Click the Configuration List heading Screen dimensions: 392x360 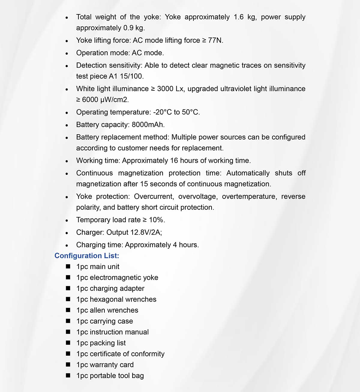[87, 256]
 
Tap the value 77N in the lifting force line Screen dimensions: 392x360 [215, 40]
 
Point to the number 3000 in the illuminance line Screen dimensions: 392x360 [165, 89]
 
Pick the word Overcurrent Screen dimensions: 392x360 [154, 196]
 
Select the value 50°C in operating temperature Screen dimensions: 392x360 [190, 112]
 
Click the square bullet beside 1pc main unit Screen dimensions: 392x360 [68, 266]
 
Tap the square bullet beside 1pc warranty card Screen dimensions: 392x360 [68, 365]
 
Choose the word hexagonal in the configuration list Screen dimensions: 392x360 [104, 299]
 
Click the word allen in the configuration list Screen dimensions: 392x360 [97, 310]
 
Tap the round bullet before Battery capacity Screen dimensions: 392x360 [67, 125]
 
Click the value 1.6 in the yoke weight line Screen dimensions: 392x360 [238, 17]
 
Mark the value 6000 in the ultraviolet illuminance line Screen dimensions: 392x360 [90, 100]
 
